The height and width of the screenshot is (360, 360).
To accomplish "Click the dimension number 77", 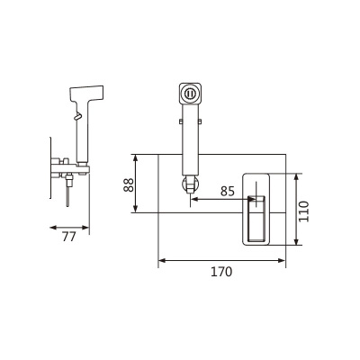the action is click(x=69, y=237).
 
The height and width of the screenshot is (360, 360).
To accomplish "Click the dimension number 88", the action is click(x=129, y=184).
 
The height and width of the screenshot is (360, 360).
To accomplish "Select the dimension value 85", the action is click(x=228, y=191).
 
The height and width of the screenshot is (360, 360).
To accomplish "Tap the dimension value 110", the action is click(x=304, y=211).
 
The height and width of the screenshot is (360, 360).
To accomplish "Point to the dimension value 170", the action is click(x=221, y=272).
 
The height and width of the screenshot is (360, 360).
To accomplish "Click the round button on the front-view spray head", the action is click(x=190, y=94).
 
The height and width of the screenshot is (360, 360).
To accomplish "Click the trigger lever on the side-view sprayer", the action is click(x=77, y=116).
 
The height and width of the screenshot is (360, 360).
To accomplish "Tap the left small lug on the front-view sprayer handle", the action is click(x=181, y=121).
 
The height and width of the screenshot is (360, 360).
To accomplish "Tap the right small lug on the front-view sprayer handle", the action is click(x=200, y=121).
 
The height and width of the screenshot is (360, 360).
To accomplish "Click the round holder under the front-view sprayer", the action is click(x=190, y=184).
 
